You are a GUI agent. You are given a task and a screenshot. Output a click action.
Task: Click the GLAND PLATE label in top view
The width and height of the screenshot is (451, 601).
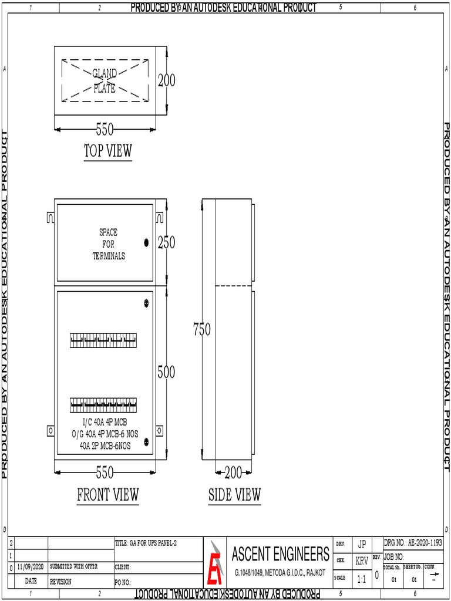105,81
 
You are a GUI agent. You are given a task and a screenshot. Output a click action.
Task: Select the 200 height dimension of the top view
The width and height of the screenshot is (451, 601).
166,80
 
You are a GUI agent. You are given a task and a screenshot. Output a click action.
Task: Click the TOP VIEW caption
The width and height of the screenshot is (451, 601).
108,151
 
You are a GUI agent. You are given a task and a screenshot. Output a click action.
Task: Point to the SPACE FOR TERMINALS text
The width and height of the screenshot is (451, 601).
109,244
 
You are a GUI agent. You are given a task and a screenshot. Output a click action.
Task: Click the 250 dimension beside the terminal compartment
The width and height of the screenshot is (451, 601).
166,243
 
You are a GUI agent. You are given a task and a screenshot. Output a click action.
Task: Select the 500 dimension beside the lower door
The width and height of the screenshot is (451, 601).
166,372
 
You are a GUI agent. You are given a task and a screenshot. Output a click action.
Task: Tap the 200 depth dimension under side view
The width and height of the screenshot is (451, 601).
234,472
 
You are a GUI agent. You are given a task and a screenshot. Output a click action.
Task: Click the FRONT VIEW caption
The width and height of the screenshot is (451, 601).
108,495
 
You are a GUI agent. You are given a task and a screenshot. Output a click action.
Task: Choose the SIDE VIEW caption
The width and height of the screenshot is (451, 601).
234,495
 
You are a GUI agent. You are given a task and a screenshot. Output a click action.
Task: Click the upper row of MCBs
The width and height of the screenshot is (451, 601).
104,340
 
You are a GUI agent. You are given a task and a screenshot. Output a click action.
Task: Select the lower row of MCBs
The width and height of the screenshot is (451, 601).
104,406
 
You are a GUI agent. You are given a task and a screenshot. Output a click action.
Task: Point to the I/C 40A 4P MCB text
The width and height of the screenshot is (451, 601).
105,423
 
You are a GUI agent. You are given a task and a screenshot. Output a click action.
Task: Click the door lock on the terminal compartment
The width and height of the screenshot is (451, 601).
146,242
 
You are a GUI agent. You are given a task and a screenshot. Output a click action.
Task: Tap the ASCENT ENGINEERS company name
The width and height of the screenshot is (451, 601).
281,553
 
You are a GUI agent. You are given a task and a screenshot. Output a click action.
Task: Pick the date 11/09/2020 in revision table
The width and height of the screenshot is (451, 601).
31,568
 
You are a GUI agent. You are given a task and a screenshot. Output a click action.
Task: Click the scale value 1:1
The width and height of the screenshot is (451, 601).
362,579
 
